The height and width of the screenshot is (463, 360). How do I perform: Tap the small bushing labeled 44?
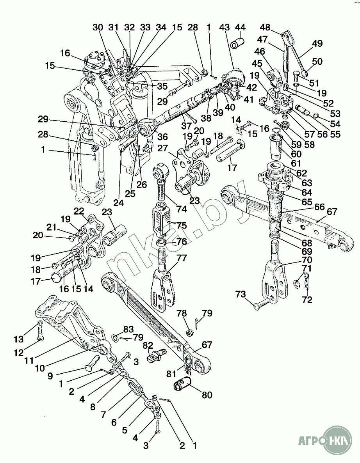(237, 43)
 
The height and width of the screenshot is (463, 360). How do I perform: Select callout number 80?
(207, 395)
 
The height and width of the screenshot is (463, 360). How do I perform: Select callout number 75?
(181, 225)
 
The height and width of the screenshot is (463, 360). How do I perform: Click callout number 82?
(147, 345)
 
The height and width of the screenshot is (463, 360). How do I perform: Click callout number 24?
(118, 202)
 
